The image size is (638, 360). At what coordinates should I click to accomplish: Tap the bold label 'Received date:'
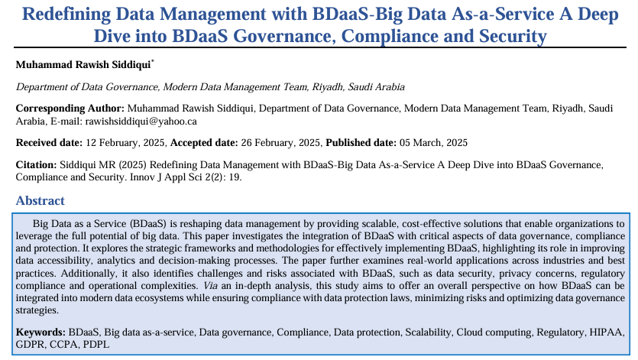coord(48,143)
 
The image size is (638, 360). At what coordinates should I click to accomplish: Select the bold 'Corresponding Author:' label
coord(70,109)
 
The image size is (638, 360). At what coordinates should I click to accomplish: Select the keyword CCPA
coord(63,344)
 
